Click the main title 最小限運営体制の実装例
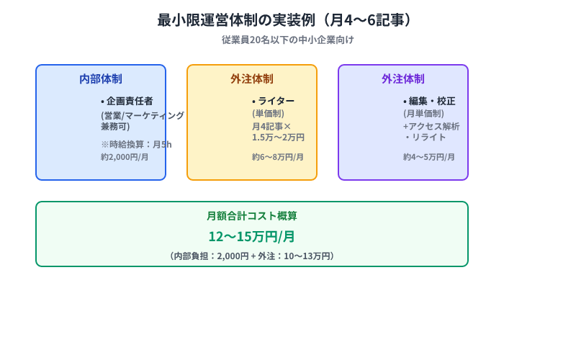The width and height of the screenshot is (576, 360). point(287,20)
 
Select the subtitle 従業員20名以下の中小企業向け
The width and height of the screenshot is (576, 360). point(287,40)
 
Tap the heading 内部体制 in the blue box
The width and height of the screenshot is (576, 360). point(101,79)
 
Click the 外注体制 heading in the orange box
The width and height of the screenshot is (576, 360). point(252,79)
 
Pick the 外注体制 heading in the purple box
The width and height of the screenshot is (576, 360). point(403,79)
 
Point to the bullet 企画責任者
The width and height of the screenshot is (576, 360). point(127,101)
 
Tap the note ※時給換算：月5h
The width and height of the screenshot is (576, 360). point(136,144)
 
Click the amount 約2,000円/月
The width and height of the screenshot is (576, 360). point(125,156)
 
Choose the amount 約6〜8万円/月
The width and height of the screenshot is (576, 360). point(278,156)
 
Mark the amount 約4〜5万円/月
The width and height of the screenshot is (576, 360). point(429,156)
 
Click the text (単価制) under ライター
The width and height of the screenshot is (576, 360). point(268,114)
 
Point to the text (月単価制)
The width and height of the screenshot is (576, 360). point(423,114)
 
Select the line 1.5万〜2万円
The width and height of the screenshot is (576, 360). point(278,137)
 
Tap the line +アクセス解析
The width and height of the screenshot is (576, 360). point(431,126)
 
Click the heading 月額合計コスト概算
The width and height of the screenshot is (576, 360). point(251,215)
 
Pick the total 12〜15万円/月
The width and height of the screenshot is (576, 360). point(251,236)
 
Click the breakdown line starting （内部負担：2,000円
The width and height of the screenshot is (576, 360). point(251,256)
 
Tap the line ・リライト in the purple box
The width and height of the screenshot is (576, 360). point(425,137)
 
